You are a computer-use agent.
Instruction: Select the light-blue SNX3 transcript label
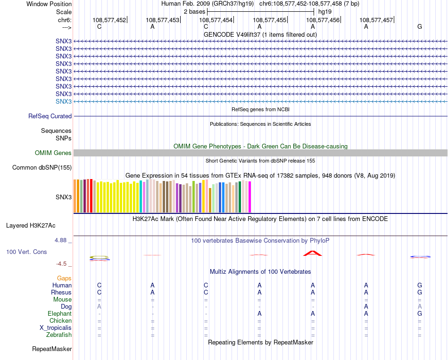pyautogui.click(x=64, y=101)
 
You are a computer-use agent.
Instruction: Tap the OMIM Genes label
pyautogui.click(x=53, y=153)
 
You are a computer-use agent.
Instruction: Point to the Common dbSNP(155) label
pyautogui.click(x=42, y=167)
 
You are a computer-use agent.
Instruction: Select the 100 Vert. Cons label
pyautogui.click(x=26, y=252)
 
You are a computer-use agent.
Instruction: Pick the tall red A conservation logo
pyautogui.click(x=312, y=253)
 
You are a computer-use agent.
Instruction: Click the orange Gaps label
pyautogui.click(x=64, y=278)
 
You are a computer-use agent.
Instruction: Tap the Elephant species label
pyautogui.click(x=59, y=313)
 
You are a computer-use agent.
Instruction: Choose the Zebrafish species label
pyautogui.click(x=59, y=335)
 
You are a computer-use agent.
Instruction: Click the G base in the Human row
pyautogui.click(x=419, y=285)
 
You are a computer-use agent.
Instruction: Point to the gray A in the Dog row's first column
pyautogui.click(x=99, y=306)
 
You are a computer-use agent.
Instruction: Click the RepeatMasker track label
pyautogui.click(x=52, y=349)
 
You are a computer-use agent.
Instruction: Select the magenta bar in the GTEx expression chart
pyautogui.click(x=249, y=197)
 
